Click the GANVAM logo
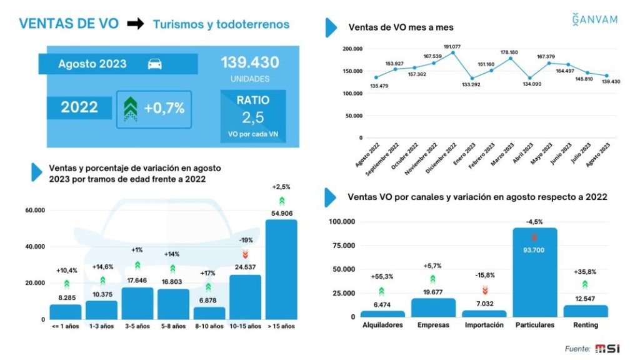click(x=594, y=19)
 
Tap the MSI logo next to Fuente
click(x=608, y=348)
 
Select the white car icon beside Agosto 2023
click(x=155, y=64)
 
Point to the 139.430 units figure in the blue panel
click(x=249, y=63)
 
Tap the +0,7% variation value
click(x=164, y=108)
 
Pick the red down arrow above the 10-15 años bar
click(x=245, y=253)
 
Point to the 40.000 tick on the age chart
click(x=35, y=247)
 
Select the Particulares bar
click(x=534, y=272)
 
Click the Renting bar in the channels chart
click(x=585, y=311)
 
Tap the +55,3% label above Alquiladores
click(x=381, y=276)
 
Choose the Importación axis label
click(x=484, y=326)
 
